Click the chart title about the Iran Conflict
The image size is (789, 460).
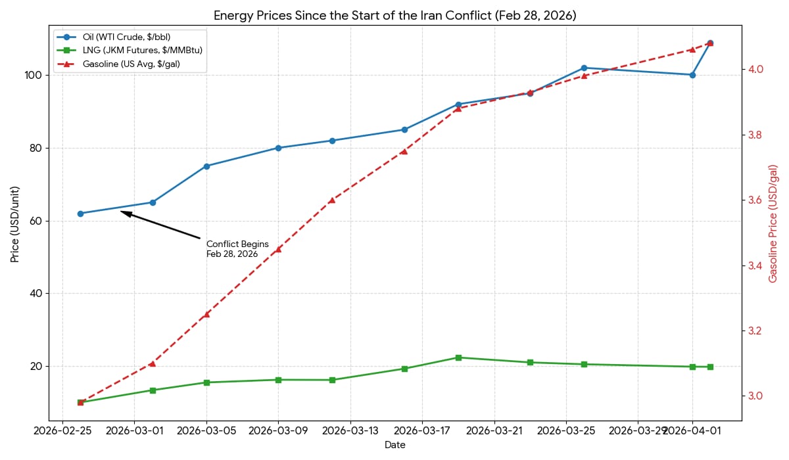click(394, 14)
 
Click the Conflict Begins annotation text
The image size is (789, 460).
click(237, 248)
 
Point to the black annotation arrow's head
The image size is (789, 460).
click(122, 212)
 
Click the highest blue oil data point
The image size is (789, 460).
click(710, 43)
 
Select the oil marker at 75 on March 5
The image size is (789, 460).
click(206, 166)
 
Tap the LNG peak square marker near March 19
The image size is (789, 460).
click(458, 357)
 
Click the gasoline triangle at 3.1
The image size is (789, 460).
click(153, 363)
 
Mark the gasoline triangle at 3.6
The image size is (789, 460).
click(332, 199)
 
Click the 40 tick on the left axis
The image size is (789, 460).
click(37, 294)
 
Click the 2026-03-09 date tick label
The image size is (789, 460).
click(278, 431)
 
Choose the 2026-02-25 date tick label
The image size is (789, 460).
click(62, 431)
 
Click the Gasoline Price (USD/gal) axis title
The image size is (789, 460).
click(773, 223)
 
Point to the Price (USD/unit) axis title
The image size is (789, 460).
click(14, 223)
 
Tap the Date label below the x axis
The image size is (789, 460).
click(394, 446)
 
